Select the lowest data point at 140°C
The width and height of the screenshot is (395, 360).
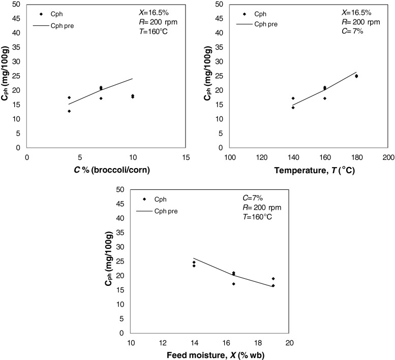293,108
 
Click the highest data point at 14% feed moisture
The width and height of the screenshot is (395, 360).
194,263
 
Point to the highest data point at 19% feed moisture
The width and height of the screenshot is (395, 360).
273,279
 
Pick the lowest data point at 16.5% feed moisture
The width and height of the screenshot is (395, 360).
233,284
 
